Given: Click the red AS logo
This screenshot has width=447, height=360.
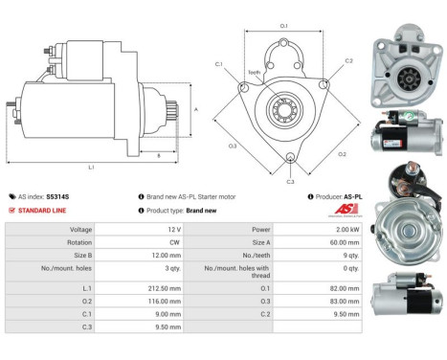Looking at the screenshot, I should coord(346,210).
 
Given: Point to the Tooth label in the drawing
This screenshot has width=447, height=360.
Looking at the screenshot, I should coord(254,73).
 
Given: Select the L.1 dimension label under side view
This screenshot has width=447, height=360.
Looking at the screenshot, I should coord(91,168).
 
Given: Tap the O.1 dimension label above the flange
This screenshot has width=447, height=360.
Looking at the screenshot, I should coord(283,25).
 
